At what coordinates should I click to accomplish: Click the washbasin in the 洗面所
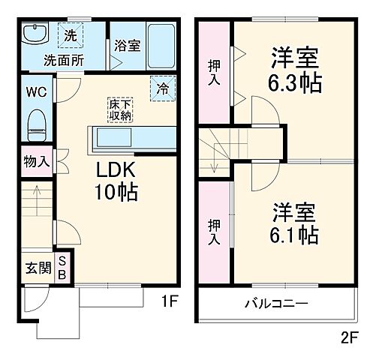[x=35, y=35]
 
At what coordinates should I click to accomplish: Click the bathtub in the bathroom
[x=160, y=46]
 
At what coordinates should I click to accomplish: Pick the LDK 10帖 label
[x=115, y=182]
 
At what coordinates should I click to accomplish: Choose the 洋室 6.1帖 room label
[x=293, y=223]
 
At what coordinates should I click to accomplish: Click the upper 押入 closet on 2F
[x=214, y=71]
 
